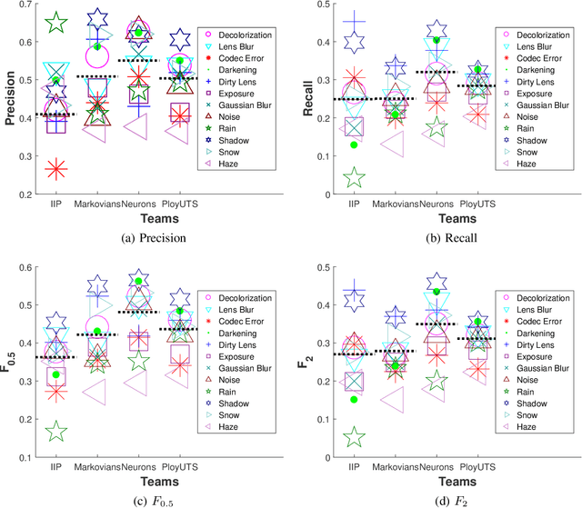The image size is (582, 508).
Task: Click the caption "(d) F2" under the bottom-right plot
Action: point(430,495)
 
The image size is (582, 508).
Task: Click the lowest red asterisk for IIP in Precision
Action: point(56,168)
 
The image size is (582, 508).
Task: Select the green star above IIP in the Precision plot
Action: point(56,24)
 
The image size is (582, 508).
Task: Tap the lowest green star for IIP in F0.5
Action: point(56,431)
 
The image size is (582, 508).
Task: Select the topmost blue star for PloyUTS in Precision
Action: point(180,39)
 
